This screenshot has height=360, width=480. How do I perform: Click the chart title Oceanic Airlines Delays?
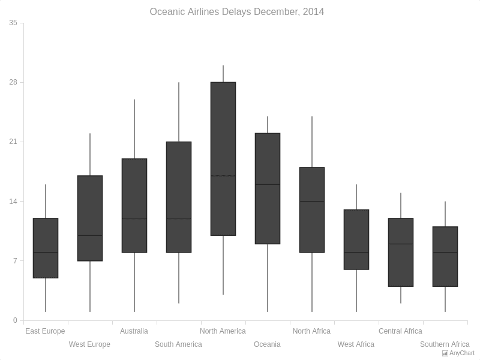(x=236, y=12)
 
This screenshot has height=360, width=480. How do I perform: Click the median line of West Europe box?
(x=90, y=235)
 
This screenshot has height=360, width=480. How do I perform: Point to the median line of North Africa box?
(x=312, y=202)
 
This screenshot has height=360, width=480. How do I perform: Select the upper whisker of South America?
(x=179, y=112)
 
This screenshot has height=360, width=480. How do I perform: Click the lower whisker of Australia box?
(x=134, y=282)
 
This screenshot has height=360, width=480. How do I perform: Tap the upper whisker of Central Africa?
(x=401, y=205)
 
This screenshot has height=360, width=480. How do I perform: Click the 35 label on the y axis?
(x=13, y=23)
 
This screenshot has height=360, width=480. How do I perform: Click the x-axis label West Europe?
(x=89, y=344)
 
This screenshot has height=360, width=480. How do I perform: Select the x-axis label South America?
(x=178, y=344)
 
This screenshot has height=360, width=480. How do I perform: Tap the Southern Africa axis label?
(x=445, y=344)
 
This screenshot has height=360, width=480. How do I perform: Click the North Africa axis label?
(x=311, y=331)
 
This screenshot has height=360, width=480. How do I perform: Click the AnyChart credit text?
(x=461, y=353)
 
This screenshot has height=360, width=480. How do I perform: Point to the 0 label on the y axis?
(x=15, y=320)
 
